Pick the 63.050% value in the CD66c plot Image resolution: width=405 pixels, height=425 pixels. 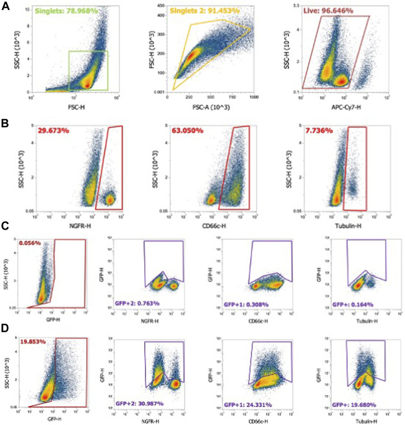coord(185,130)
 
